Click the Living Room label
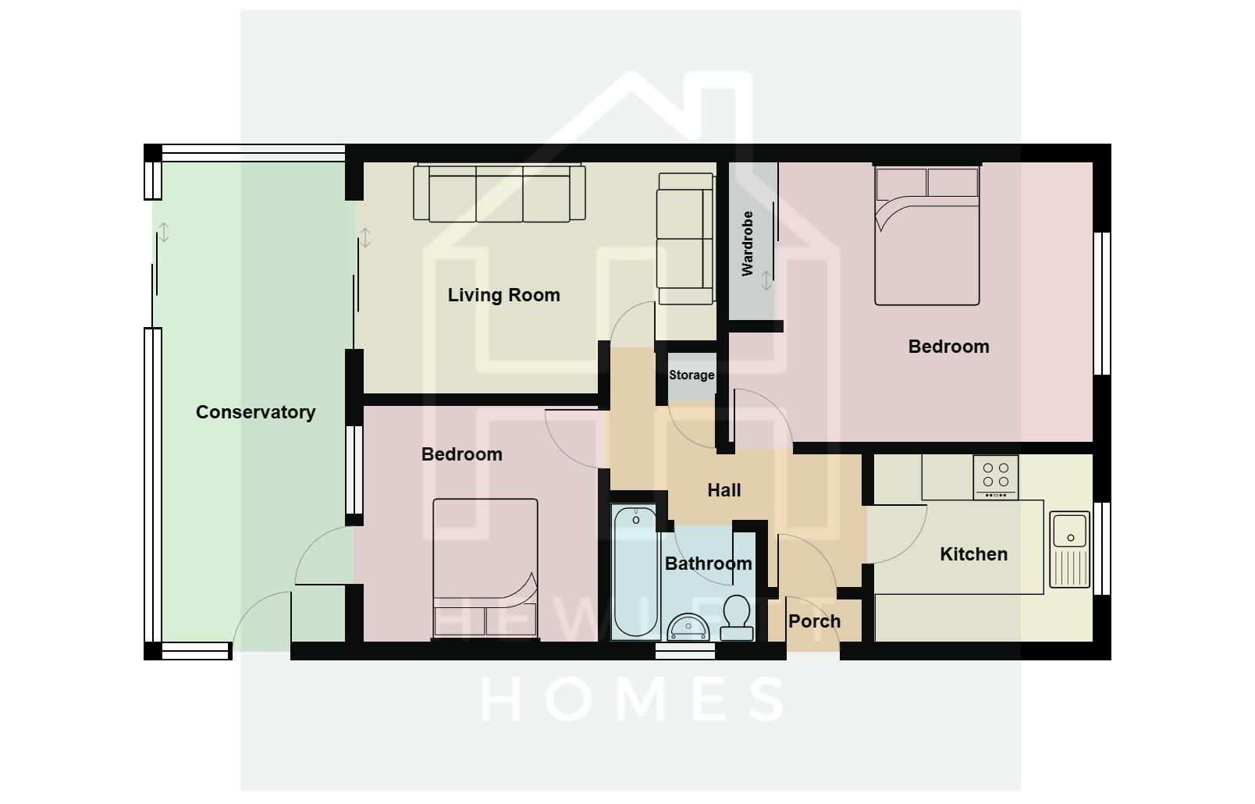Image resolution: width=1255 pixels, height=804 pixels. tap(503, 295)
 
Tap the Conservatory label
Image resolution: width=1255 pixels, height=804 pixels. tap(255, 412)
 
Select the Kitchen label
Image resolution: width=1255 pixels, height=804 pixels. tap(973, 554)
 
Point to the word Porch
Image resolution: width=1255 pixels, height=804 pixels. tap(814, 621)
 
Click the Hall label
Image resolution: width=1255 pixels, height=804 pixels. tap(723, 490)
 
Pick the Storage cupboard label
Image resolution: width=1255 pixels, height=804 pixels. tap(691, 375)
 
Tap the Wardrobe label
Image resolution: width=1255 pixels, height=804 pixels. tap(748, 244)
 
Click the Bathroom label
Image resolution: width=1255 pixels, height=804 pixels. tap(708, 564)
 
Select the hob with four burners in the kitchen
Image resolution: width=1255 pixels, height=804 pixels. tap(995, 476)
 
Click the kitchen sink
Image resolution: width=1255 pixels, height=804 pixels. tap(1069, 548)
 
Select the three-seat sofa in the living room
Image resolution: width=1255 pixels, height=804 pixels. tap(500, 193)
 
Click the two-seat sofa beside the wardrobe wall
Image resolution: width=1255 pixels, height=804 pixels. tap(685, 238)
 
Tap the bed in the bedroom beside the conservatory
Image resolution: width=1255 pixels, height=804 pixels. tap(485, 568)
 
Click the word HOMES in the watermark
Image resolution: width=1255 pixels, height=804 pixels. tap(632, 698)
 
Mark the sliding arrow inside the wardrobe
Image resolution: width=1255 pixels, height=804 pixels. tap(766, 280)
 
